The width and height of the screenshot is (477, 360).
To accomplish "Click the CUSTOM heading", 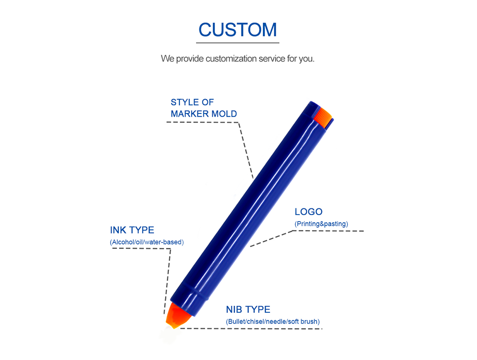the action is tap(238, 30).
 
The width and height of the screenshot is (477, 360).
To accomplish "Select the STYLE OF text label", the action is tap(192, 102).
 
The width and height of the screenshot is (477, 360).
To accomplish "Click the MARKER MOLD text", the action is tap(204, 113).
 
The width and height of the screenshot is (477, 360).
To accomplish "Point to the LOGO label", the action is tap(309, 212).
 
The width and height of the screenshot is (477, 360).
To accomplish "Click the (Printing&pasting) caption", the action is tap(321, 224).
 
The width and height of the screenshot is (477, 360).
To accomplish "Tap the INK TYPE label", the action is tap(132, 230).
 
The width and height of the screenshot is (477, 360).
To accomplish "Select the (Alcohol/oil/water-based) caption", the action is tap(146, 242).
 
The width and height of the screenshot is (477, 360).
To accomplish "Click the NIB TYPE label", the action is tap(248, 309).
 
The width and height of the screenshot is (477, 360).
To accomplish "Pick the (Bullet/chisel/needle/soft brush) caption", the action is tap(272, 322).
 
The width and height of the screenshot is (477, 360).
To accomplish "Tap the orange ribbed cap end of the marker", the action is tap(323, 116).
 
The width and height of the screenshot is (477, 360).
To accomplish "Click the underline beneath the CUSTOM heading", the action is tap(238, 43).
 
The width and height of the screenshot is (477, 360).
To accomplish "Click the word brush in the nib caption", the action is tap(309, 322).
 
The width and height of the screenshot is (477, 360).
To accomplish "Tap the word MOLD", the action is tap(224, 113).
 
